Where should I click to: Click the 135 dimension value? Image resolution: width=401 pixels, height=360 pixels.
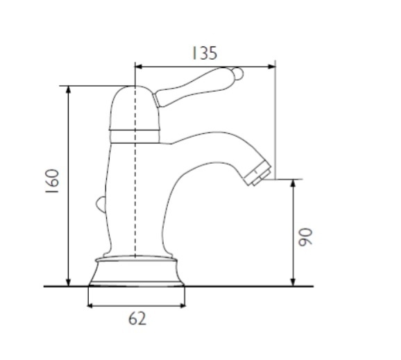(x=205, y=53)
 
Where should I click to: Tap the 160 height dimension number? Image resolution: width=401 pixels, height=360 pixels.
(x=52, y=181)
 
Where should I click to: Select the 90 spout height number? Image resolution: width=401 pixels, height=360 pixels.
(x=306, y=237)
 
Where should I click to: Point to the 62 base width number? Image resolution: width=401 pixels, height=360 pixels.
(x=137, y=319)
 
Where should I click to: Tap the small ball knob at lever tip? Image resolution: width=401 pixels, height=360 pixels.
(x=239, y=74)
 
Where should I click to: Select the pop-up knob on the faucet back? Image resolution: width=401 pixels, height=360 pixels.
(x=101, y=205)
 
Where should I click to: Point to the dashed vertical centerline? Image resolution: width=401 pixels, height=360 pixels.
(x=135, y=171)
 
